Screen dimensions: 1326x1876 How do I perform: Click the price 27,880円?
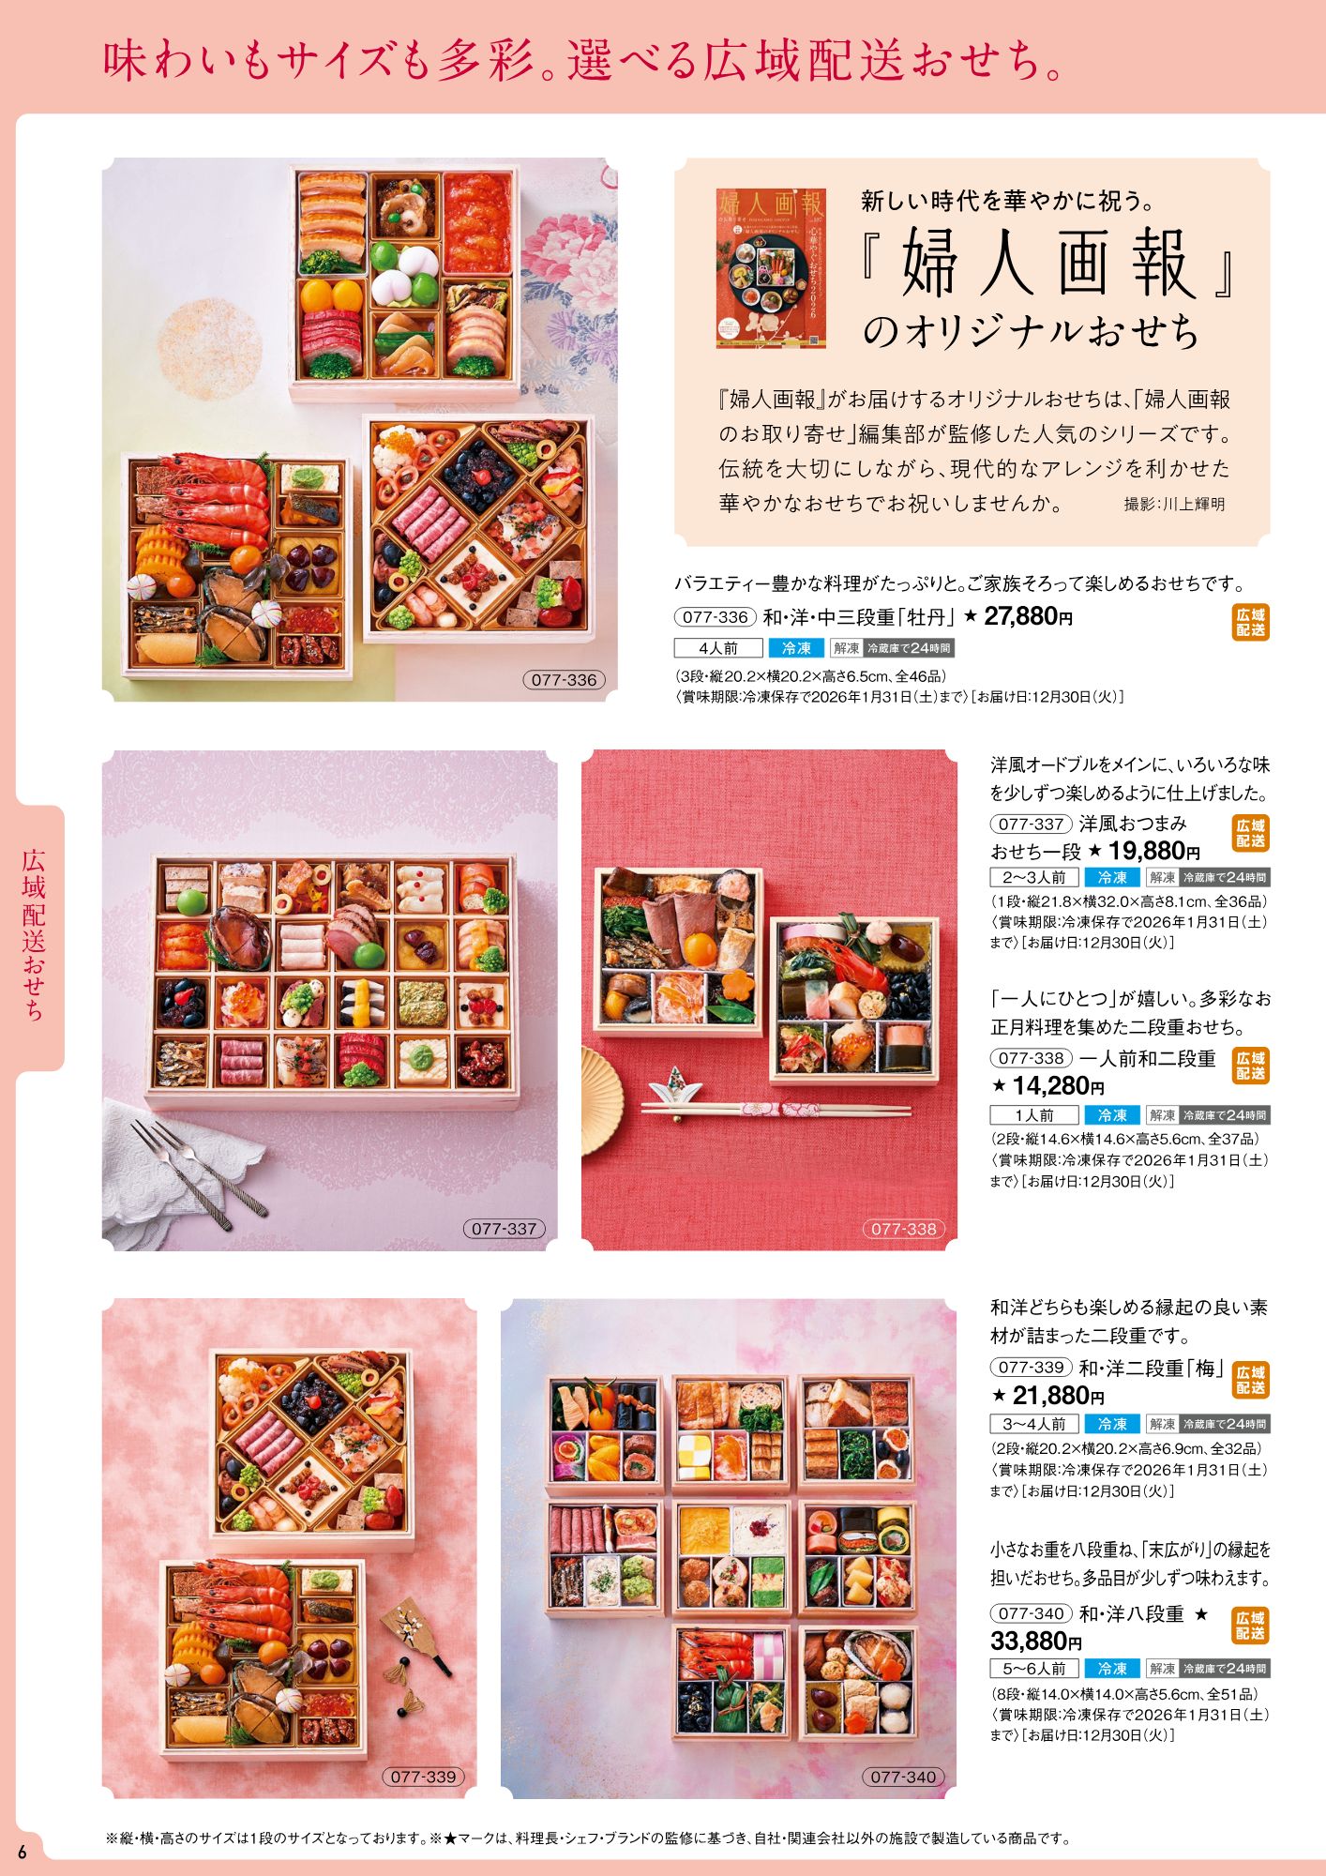click(1028, 616)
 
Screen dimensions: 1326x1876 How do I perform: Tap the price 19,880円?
click(1154, 851)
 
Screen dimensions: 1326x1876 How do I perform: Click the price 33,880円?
click(1036, 1641)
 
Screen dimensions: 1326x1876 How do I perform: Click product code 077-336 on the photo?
click(564, 680)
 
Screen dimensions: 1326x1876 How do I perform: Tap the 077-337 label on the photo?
click(504, 1229)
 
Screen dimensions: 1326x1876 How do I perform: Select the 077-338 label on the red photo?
click(904, 1229)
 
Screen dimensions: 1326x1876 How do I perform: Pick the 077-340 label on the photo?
click(903, 1777)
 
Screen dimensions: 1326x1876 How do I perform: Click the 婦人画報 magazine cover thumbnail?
click(771, 268)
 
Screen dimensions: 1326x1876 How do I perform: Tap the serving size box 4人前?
click(718, 648)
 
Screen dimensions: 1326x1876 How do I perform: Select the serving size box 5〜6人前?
click(1034, 1669)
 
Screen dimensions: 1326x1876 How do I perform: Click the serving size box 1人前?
click(1034, 1115)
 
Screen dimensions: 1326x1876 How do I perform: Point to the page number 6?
click(23, 1852)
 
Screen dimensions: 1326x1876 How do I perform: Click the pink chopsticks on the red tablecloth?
click(776, 1112)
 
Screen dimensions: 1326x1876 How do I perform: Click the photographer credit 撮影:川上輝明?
click(1174, 504)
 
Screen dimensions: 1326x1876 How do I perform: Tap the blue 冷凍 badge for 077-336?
click(796, 648)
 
